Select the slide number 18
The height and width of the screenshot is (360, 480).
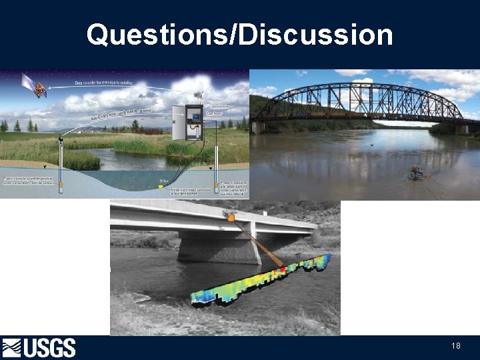point(456,346)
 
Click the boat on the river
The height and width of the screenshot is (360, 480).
point(417,173)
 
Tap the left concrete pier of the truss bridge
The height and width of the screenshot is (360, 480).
point(257,127)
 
